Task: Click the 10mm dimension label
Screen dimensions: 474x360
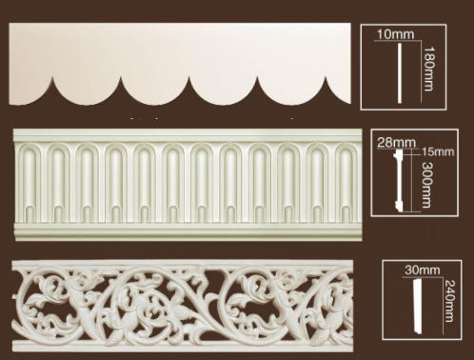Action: tap(395, 34)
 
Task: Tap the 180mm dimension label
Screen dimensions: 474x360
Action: tap(428, 69)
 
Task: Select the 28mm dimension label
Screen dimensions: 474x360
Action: tap(396, 143)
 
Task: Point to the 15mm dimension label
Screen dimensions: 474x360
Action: tap(438, 151)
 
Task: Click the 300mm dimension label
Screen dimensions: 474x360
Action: tap(426, 185)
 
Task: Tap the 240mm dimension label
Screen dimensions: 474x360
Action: tap(449, 301)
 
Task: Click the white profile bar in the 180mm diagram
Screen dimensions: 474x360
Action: tap(400, 73)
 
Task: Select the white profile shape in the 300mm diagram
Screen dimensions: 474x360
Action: tap(399, 180)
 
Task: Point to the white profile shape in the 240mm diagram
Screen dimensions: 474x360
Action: tap(419, 307)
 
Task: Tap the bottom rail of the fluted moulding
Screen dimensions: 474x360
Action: tap(188, 231)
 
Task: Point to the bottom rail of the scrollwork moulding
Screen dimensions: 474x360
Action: tap(183, 347)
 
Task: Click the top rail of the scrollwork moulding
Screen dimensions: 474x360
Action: tap(183, 263)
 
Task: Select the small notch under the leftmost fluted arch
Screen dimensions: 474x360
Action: tap(30, 213)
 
